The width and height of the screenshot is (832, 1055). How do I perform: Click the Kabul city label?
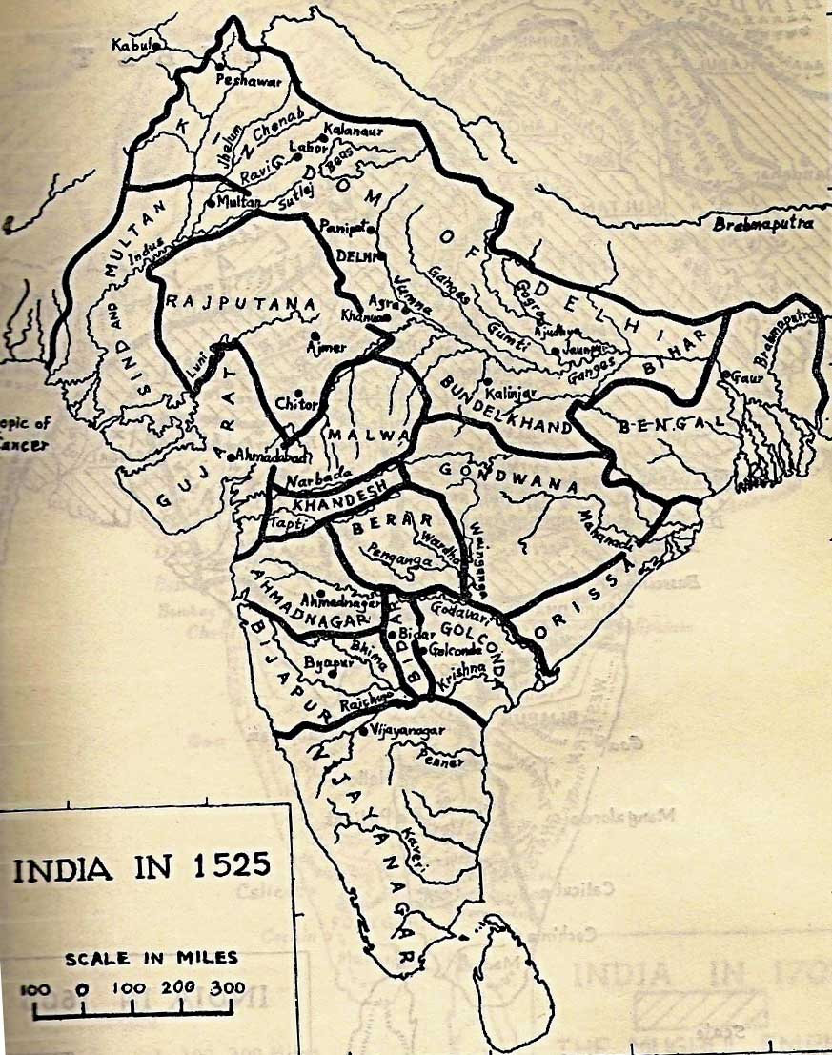(x=132, y=44)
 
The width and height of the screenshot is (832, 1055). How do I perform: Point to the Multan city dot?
(x=210, y=203)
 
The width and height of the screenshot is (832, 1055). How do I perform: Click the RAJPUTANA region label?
(x=240, y=303)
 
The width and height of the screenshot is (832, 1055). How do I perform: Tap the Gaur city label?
(x=746, y=376)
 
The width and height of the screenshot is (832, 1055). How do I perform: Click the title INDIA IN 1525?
(x=141, y=869)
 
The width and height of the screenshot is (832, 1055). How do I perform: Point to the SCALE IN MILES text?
(x=152, y=958)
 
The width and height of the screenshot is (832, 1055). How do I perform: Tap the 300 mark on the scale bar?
(x=228, y=987)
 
